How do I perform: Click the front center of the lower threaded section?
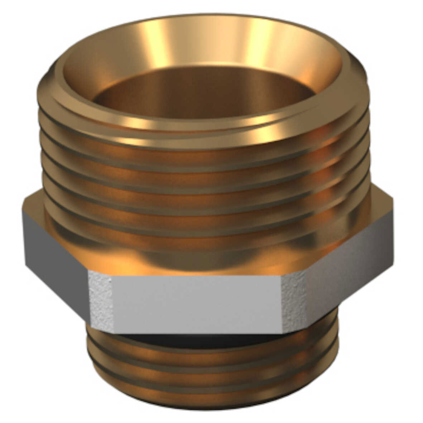click(x=211, y=369)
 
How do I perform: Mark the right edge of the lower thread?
click(x=337, y=358)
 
